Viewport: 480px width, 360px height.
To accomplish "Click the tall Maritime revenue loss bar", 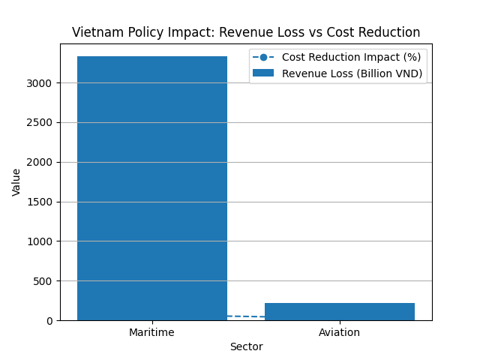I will point(152,187).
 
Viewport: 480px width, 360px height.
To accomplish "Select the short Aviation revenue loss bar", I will point(340,311).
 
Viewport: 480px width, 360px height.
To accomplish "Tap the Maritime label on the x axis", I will point(152,332).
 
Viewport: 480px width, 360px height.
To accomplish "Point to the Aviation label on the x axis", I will point(340,332).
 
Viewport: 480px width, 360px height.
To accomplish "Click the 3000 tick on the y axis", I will point(41,82).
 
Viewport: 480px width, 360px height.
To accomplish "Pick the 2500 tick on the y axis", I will point(41,122).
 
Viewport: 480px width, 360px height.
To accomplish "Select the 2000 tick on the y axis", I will point(41,162).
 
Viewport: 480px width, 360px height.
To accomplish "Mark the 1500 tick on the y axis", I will point(41,202).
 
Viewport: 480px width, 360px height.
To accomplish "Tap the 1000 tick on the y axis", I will point(41,241).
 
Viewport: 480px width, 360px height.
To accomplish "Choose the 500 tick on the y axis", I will point(44,281).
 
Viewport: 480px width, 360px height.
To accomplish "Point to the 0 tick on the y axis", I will point(50,320).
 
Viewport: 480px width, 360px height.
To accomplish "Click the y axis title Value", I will point(16,182).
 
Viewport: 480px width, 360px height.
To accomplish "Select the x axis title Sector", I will point(246,346).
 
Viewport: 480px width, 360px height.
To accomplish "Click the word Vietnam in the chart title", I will point(93,33).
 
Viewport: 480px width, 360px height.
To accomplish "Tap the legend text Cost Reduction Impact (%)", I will point(351,57).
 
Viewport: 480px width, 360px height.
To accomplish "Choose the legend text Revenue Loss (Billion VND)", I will point(352,73).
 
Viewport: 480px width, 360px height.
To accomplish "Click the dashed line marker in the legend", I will point(263,57).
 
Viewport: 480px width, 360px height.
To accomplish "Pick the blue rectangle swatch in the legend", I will point(263,73).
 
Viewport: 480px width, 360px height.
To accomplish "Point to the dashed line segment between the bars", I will point(246,316).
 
